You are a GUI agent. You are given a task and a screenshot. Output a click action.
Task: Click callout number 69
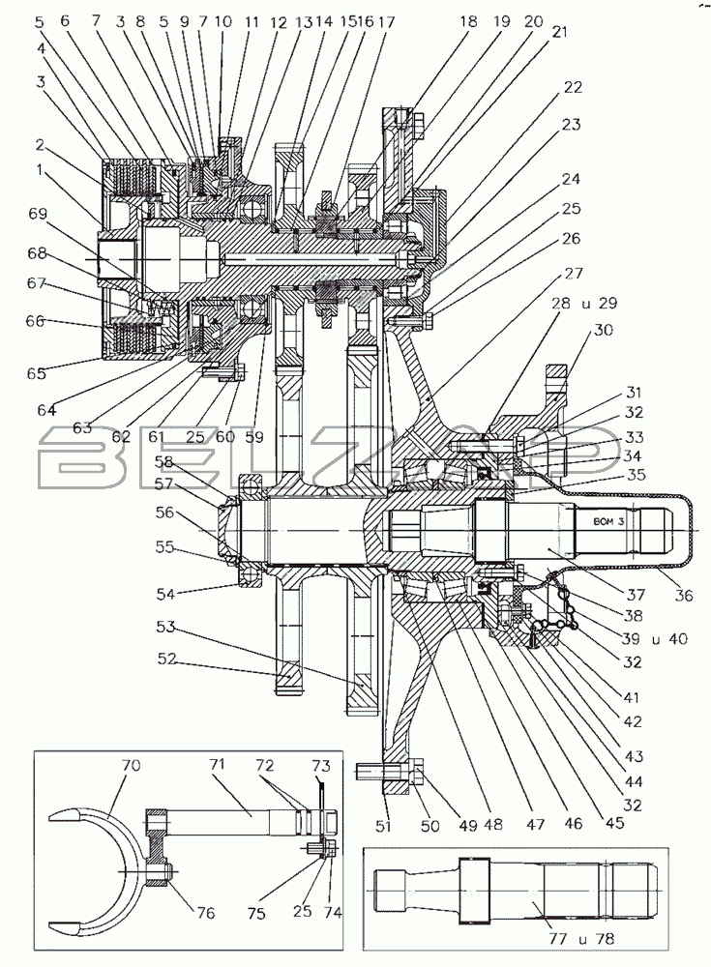(x=38, y=214)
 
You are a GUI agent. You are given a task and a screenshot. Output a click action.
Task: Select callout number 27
(x=574, y=273)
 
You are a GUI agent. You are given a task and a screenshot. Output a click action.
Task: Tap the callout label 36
(x=683, y=595)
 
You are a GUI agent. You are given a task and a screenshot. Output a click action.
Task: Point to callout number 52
(x=167, y=659)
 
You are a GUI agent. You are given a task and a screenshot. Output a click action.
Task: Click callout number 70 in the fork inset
(x=131, y=765)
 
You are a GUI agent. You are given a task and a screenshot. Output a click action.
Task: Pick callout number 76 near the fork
(x=205, y=912)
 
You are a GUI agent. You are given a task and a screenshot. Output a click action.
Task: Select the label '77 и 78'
(x=580, y=939)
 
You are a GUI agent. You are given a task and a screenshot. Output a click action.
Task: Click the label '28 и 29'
(x=584, y=303)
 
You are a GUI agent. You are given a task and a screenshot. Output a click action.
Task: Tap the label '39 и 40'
(x=655, y=638)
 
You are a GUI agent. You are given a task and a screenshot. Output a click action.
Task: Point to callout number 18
(x=468, y=21)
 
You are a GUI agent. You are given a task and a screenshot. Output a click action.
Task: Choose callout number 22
(x=573, y=87)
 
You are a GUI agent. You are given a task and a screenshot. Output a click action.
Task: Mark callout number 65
(x=37, y=373)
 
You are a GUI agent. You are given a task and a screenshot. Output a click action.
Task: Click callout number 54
(x=166, y=594)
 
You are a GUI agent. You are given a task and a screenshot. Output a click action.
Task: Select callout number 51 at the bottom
(x=383, y=825)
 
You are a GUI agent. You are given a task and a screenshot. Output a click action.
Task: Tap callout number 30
(x=603, y=330)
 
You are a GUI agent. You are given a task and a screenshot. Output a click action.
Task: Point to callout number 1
(x=40, y=169)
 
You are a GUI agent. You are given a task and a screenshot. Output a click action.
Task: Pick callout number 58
(x=163, y=462)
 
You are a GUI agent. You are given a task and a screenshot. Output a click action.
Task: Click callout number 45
(x=614, y=823)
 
